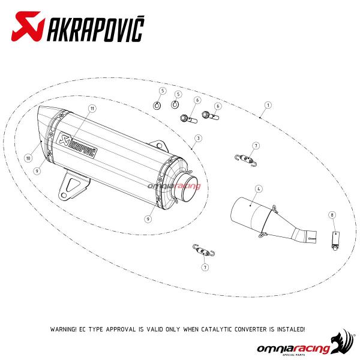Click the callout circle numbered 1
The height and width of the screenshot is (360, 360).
pyautogui.click(x=268, y=105)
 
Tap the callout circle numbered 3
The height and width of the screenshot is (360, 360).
pyautogui.click(x=199, y=138)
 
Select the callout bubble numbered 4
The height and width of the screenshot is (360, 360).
pyautogui.click(x=259, y=189)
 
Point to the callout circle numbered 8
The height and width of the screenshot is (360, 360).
pyautogui.click(x=332, y=215)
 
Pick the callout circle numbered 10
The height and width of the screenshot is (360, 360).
pyautogui.click(x=28, y=158)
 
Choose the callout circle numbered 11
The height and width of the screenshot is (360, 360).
pyautogui.click(x=92, y=109)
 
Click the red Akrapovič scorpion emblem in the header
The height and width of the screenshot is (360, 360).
pyautogui.click(x=28, y=26)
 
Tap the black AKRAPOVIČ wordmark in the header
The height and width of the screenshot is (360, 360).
pyautogui.click(x=95, y=28)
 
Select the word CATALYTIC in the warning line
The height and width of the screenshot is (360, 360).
pyautogui.click(x=217, y=329)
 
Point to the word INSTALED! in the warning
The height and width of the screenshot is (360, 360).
pyautogui.click(x=291, y=329)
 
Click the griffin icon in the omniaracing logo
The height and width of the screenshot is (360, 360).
pyautogui.click(x=343, y=341)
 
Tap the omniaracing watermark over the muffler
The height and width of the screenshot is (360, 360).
pyautogui.click(x=174, y=186)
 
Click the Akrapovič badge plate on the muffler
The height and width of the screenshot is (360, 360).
pyautogui.click(x=77, y=145)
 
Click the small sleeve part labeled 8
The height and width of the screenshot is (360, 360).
pyautogui.click(x=335, y=241)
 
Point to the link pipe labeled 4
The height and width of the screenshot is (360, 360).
pyautogui.click(x=273, y=220)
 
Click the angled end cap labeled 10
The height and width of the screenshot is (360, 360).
pyautogui.click(x=46, y=128)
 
